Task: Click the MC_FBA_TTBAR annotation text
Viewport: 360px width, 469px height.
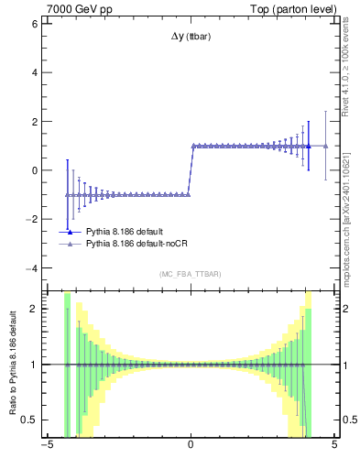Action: (x=190, y=274)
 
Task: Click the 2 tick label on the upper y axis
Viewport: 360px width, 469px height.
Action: (x=34, y=122)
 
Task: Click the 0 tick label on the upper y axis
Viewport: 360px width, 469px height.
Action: (x=34, y=170)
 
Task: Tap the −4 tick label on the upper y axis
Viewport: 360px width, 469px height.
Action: (x=31, y=268)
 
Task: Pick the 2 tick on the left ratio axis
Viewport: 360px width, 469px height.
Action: (x=34, y=309)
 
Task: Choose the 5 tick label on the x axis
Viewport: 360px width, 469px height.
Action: (x=334, y=447)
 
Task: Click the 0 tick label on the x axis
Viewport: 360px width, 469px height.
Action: (x=191, y=447)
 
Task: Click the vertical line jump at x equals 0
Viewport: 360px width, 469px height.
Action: (x=191, y=170)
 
